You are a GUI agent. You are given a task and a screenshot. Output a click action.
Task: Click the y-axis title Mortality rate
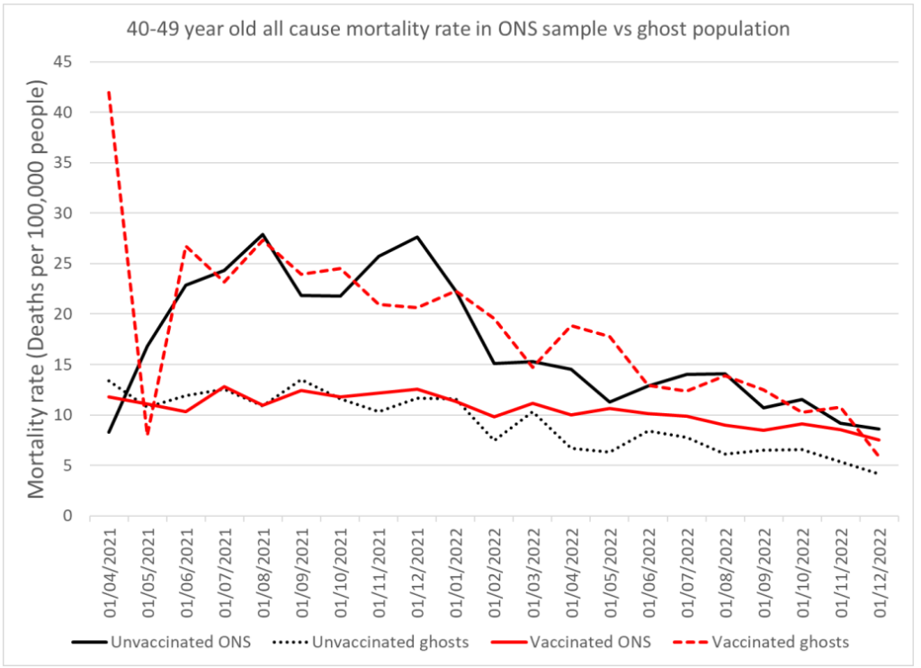37,288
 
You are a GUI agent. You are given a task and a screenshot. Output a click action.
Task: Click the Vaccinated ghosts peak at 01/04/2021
109,92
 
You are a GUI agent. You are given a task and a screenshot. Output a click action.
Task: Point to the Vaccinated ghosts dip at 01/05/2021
148,435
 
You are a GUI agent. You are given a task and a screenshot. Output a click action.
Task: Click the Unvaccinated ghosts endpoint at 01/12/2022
878,474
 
